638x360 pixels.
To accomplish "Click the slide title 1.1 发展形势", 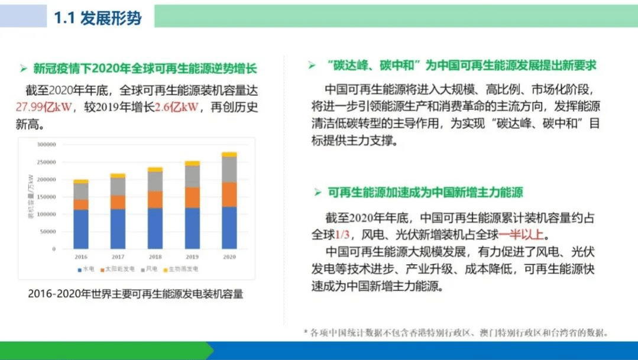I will coord(98,18).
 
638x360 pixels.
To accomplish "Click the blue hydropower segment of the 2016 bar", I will coord(81,228).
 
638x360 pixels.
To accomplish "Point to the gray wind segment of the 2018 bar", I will coord(155,181).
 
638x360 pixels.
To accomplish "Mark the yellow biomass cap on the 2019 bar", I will coord(192,163).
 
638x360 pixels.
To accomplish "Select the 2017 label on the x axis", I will coord(118,257).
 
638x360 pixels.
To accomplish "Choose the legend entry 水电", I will coord(86,269).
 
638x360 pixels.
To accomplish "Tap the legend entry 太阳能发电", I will coord(121,269).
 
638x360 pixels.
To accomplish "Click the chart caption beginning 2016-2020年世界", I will coord(135,294).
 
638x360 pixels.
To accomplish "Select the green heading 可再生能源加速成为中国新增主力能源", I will coord(426,192).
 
